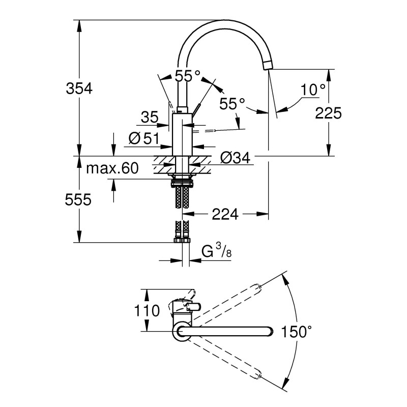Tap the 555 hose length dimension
[79, 200]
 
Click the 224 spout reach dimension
[224, 215]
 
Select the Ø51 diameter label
[144, 138]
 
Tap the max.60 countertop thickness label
[112, 168]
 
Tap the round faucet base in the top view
[182, 333]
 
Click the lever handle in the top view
[194, 306]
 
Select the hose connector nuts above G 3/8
[182, 238]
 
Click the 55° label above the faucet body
[187, 76]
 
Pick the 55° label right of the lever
[232, 104]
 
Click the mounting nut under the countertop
[182, 179]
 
